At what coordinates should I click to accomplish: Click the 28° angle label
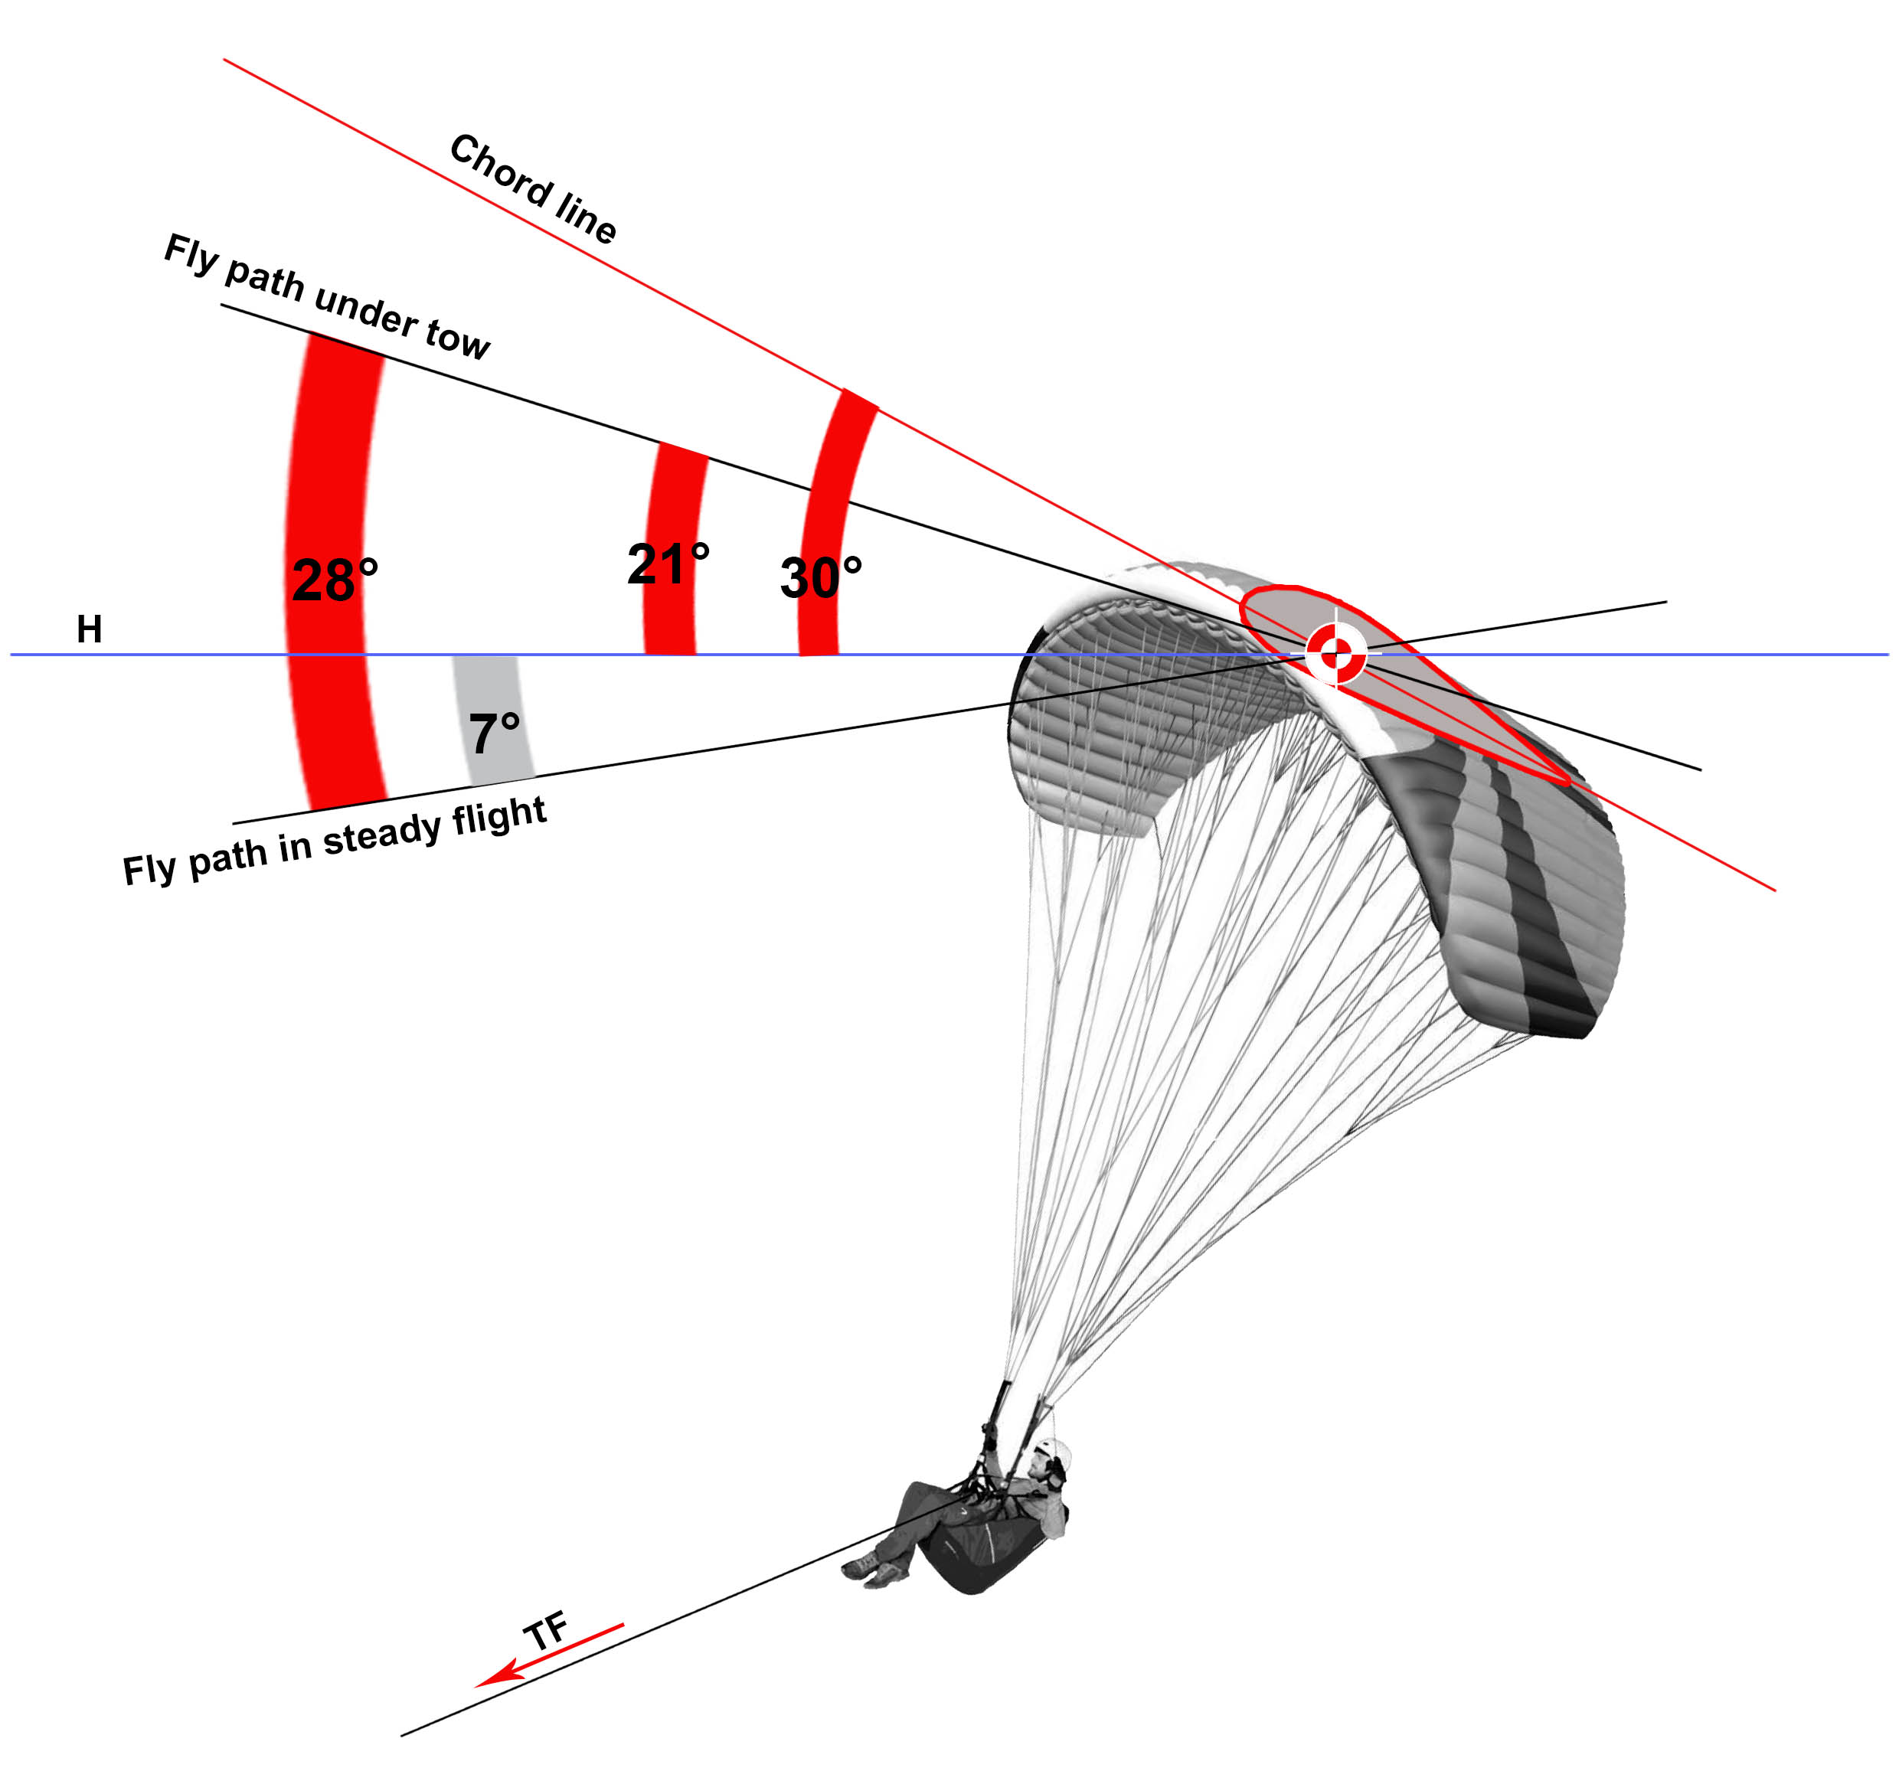pos(335,580)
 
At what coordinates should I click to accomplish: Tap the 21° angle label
pos(668,564)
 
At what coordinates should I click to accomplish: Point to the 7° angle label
pos(494,734)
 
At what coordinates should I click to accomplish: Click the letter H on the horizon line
pos(89,629)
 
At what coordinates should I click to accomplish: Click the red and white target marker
pos(1335,654)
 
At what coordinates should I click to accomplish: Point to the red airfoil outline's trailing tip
pos(1567,781)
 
